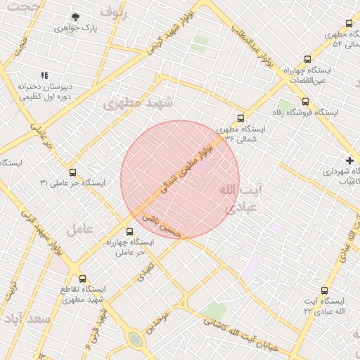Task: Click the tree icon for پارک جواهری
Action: click(x=76, y=17)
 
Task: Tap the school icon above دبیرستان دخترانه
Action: click(x=44, y=75)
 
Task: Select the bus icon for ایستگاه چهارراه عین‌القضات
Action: click(x=307, y=60)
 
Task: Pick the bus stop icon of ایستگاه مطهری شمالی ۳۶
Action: click(x=241, y=118)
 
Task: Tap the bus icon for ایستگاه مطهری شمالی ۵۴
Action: click(x=329, y=23)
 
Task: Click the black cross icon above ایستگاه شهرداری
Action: click(x=349, y=160)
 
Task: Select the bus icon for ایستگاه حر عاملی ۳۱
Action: click(x=72, y=172)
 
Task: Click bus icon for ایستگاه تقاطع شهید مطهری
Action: click(x=83, y=278)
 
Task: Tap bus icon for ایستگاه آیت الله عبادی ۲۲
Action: click(x=324, y=290)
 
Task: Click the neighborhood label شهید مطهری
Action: click(x=138, y=103)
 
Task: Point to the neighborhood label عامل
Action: click(x=80, y=229)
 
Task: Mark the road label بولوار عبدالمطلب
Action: click(x=255, y=50)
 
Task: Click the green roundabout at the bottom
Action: click(x=135, y=340)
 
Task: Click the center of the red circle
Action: click(x=180, y=180)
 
